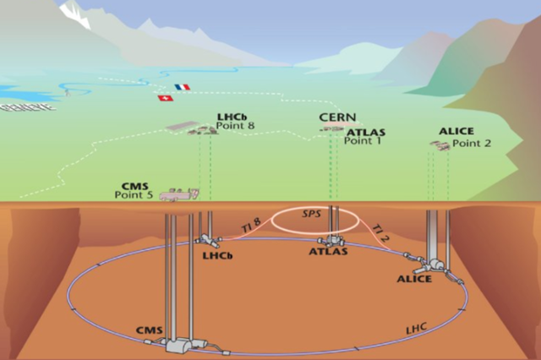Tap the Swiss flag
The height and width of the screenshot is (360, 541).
click(x=163, y=98)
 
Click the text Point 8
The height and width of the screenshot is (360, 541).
click(x=235, y=127)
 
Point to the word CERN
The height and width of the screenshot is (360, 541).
click(x=337, y=117)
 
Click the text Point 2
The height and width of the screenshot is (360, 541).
click(x=471, y=144)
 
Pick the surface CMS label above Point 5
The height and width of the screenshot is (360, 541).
click(x=136, y=185)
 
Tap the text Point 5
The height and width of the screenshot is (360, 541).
click(x=134, y=195)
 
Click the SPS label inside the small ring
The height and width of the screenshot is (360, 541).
click(x=313, y=215)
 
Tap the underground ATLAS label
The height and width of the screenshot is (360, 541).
click(x=328, y=251)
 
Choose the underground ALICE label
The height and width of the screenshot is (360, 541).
click(x=414, y=279)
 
